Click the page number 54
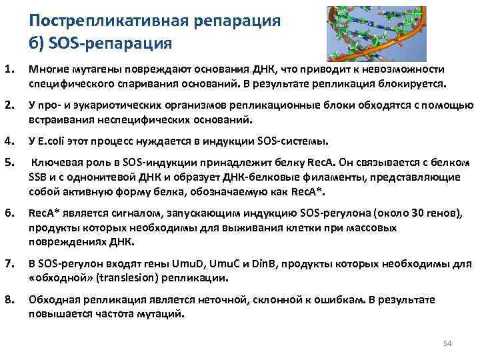click(x=447, y=343)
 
